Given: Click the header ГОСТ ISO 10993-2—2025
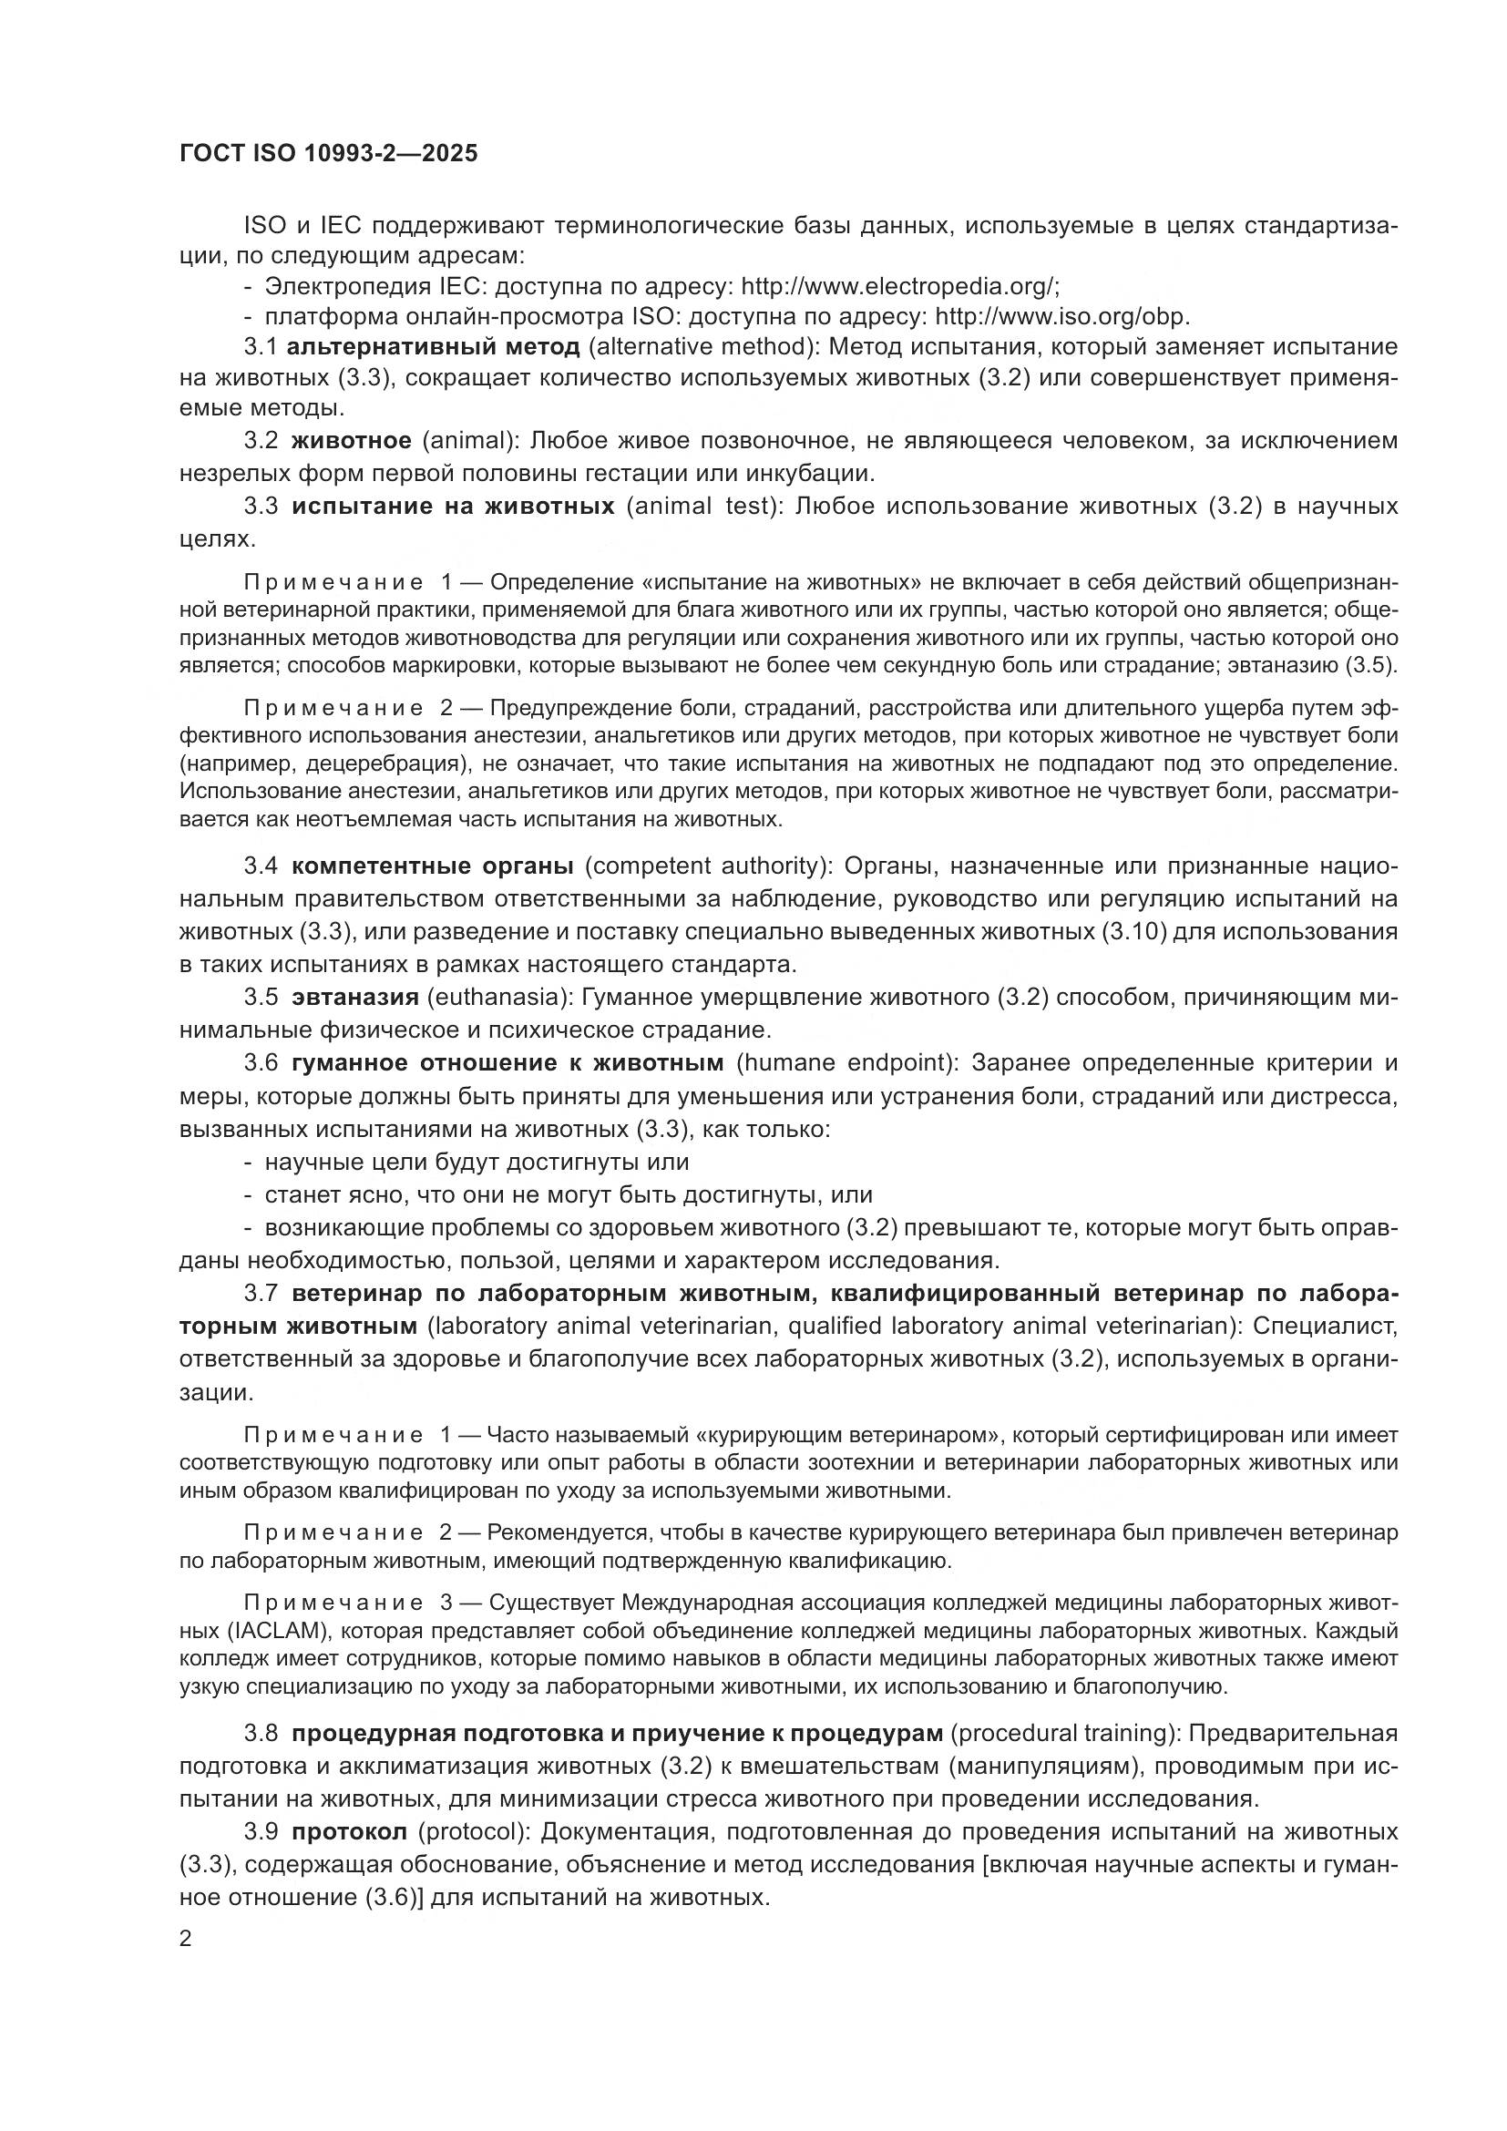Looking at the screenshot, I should [x=329, y=154].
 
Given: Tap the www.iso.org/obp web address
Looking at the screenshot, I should [x=1061, y=316].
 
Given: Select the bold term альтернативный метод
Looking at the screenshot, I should [x=434, y=347].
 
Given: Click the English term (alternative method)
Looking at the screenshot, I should [x=701, y=347].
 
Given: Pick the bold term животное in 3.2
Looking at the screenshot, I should [x=351, y=440].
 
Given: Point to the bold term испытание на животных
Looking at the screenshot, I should [x=453, y=506].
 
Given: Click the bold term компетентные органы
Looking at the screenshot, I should [x=433, y=866].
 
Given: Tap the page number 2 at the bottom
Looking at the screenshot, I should [x=186, y=1939].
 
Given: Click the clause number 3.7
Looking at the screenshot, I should [x=261, y=1293].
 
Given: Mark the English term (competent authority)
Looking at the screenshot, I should [x=707, y=866].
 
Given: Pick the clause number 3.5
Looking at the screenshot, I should [x=261, y=997].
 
